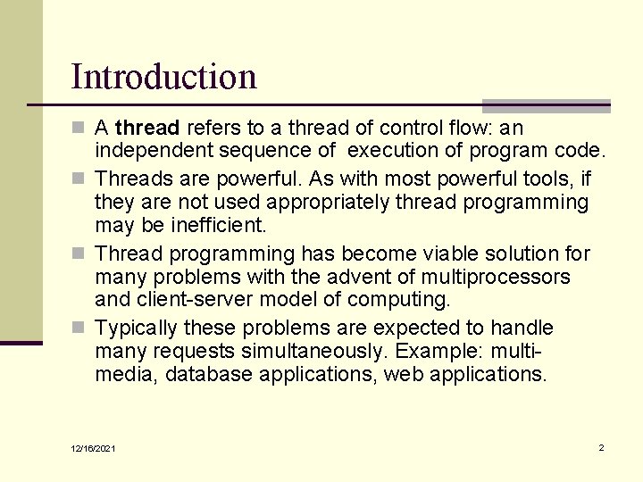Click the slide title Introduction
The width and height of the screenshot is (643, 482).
[163, 77]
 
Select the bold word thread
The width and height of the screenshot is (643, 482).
[147, 129]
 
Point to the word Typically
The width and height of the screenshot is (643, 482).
[137, 328]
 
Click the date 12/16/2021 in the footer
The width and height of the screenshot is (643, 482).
[94, 448]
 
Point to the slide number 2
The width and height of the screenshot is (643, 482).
[601, 447]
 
